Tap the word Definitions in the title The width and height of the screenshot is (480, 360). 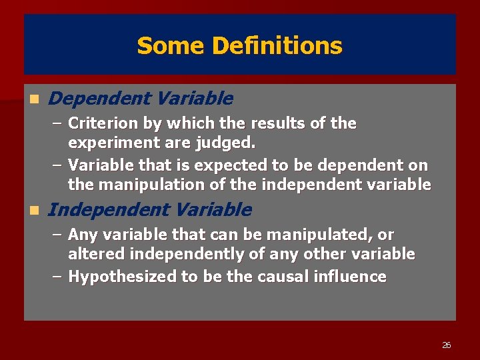(277, 46)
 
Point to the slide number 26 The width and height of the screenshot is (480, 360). (446, 345)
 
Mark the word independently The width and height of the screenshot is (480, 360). (177, 255)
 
